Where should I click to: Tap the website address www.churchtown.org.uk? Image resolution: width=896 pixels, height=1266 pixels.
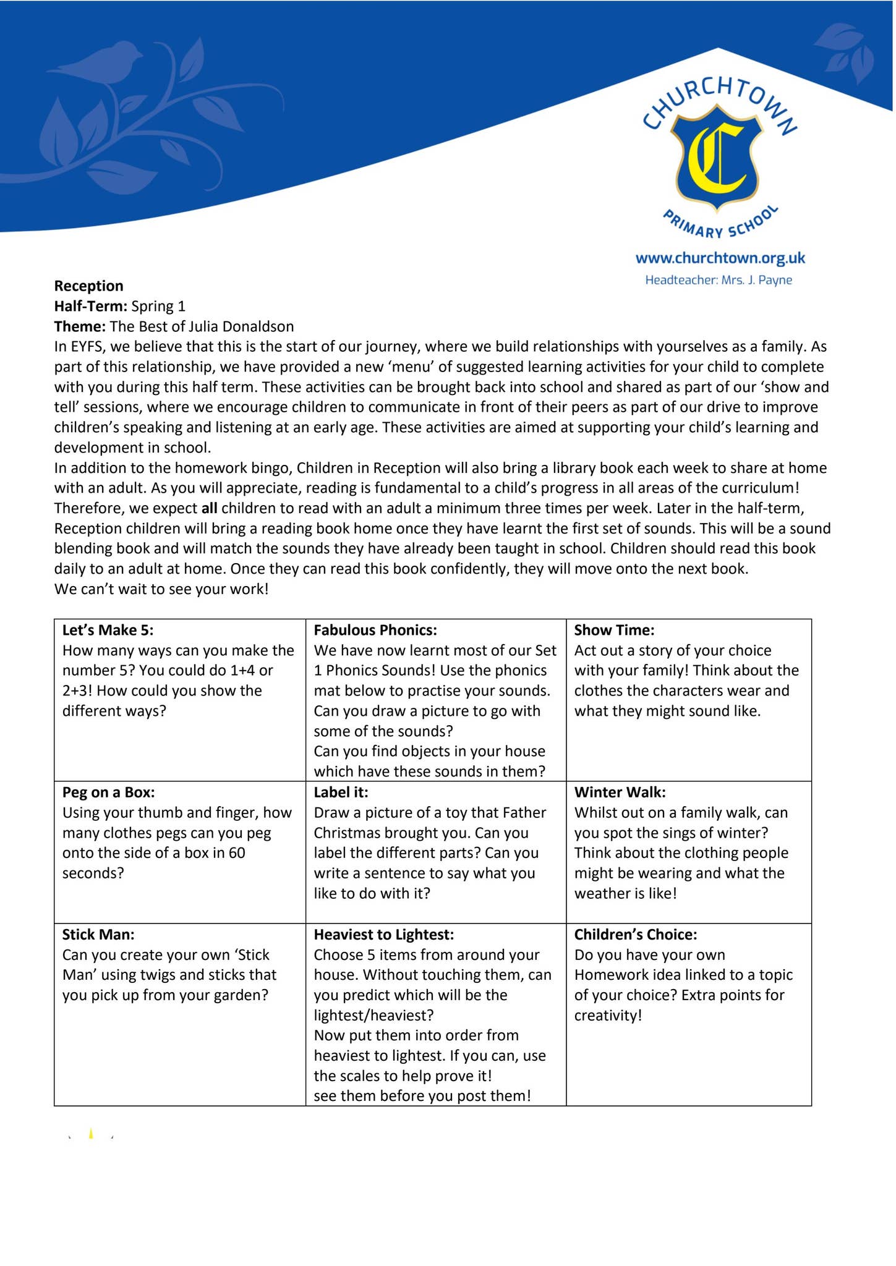(x=720, y=258)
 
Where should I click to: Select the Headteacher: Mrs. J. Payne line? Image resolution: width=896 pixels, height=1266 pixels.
(x=718, y=280)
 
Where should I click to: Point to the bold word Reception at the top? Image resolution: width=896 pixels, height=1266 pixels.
(x=88, y=286)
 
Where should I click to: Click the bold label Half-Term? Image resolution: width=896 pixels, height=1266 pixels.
(x=91, y=306)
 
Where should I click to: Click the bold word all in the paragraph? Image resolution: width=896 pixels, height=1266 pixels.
(x=209, y=508)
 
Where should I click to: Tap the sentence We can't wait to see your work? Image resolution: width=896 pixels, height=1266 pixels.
(x=161, y=588)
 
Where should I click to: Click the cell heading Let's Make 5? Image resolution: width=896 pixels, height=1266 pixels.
(x=108, y=630)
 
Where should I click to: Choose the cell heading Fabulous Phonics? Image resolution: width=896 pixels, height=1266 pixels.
(x=375, y=630)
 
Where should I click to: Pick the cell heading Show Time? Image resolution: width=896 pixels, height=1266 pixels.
(x=613, y=630)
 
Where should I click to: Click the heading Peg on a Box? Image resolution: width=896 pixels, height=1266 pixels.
(x=108, y=792)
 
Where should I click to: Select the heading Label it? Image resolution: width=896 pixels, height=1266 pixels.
(x=341, y=792)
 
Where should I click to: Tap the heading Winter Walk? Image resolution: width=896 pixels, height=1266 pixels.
(x=620, y=792)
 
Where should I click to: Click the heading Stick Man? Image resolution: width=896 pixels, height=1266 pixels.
(x=98, y=934)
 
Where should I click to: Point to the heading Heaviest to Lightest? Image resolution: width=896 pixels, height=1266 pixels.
(x=383, y=934)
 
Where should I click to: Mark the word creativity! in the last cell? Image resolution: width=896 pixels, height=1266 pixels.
(x=608, y=1015)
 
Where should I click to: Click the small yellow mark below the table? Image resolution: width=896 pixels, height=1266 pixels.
(x=91, y=1133)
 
